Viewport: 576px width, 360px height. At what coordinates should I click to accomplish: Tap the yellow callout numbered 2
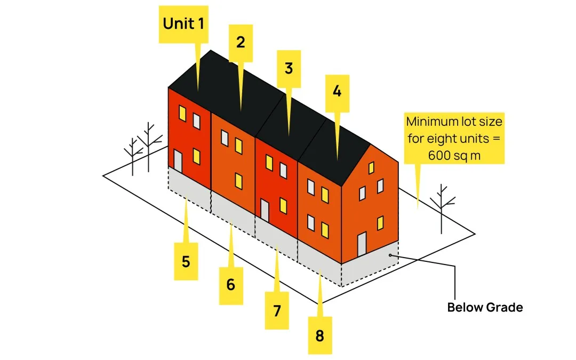(x=241, y=42)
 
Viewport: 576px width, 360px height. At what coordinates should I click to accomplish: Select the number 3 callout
(x=289, y=68)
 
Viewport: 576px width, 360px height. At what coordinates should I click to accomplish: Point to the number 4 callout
(x=337, y=91)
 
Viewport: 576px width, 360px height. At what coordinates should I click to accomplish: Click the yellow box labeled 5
(x=186, y=261)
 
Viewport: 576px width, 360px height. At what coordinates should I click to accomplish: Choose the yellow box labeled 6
(x=230, y=285)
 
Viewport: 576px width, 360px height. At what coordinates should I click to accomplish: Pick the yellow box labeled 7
(x=277, y=310)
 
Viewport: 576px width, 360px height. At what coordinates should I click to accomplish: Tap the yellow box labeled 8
(x=319, y=335)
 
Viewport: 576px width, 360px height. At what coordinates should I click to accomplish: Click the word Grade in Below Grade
(x=505, y=307)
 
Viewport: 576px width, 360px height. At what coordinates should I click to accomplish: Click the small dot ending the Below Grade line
(x=390, y=256)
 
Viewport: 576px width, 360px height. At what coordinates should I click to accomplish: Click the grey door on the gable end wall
(x=362, y=244)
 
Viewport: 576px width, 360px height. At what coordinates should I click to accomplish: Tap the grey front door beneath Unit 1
(x=178, y=161)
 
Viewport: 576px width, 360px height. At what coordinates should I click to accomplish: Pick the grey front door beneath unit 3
(x=265, y=210)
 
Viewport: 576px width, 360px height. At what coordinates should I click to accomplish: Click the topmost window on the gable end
(x=371, y=168)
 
